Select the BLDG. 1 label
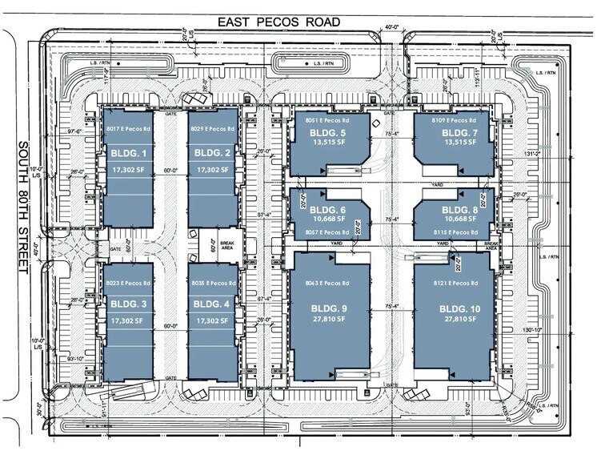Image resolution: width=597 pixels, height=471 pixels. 123,153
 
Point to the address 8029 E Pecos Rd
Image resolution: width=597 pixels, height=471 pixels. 212,127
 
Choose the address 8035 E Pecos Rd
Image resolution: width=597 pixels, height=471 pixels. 212,284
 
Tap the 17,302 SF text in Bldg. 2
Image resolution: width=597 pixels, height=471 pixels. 212,171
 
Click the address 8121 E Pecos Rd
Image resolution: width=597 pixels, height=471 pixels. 455,284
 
